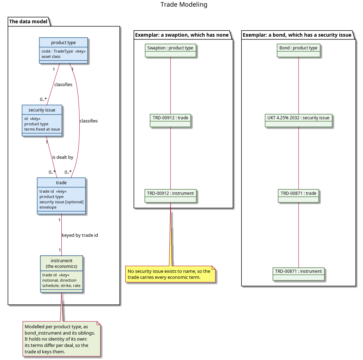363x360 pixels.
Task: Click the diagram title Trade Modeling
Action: pos(184,5)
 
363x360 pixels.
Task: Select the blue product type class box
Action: pos(63,50)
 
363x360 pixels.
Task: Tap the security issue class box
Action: pos(42,120)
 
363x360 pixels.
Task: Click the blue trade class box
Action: pos(61,196)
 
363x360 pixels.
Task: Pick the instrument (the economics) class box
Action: pos(62,274)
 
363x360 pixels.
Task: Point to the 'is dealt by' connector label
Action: pos(62,157)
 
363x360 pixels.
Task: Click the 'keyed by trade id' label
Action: pos(80,235)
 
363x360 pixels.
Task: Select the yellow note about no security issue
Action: pos(170,274)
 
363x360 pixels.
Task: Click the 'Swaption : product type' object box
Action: pos(170,50)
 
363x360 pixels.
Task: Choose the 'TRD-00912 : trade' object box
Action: pos(170,120)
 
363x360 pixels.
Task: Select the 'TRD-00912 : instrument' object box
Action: pos(170,196)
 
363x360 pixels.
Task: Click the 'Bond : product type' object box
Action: pos(298,50)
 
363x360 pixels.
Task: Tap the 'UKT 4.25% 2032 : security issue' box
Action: pos(298,120)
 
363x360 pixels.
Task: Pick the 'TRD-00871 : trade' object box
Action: pos(298,196)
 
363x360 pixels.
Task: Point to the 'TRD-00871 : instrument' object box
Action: pos(298,274)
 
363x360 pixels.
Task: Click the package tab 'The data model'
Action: pos(28,22)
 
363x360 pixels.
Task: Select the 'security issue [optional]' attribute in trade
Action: pos(61,202)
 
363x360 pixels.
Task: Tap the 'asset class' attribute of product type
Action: pos(51,56)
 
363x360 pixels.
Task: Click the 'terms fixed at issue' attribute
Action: pos(42,129)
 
